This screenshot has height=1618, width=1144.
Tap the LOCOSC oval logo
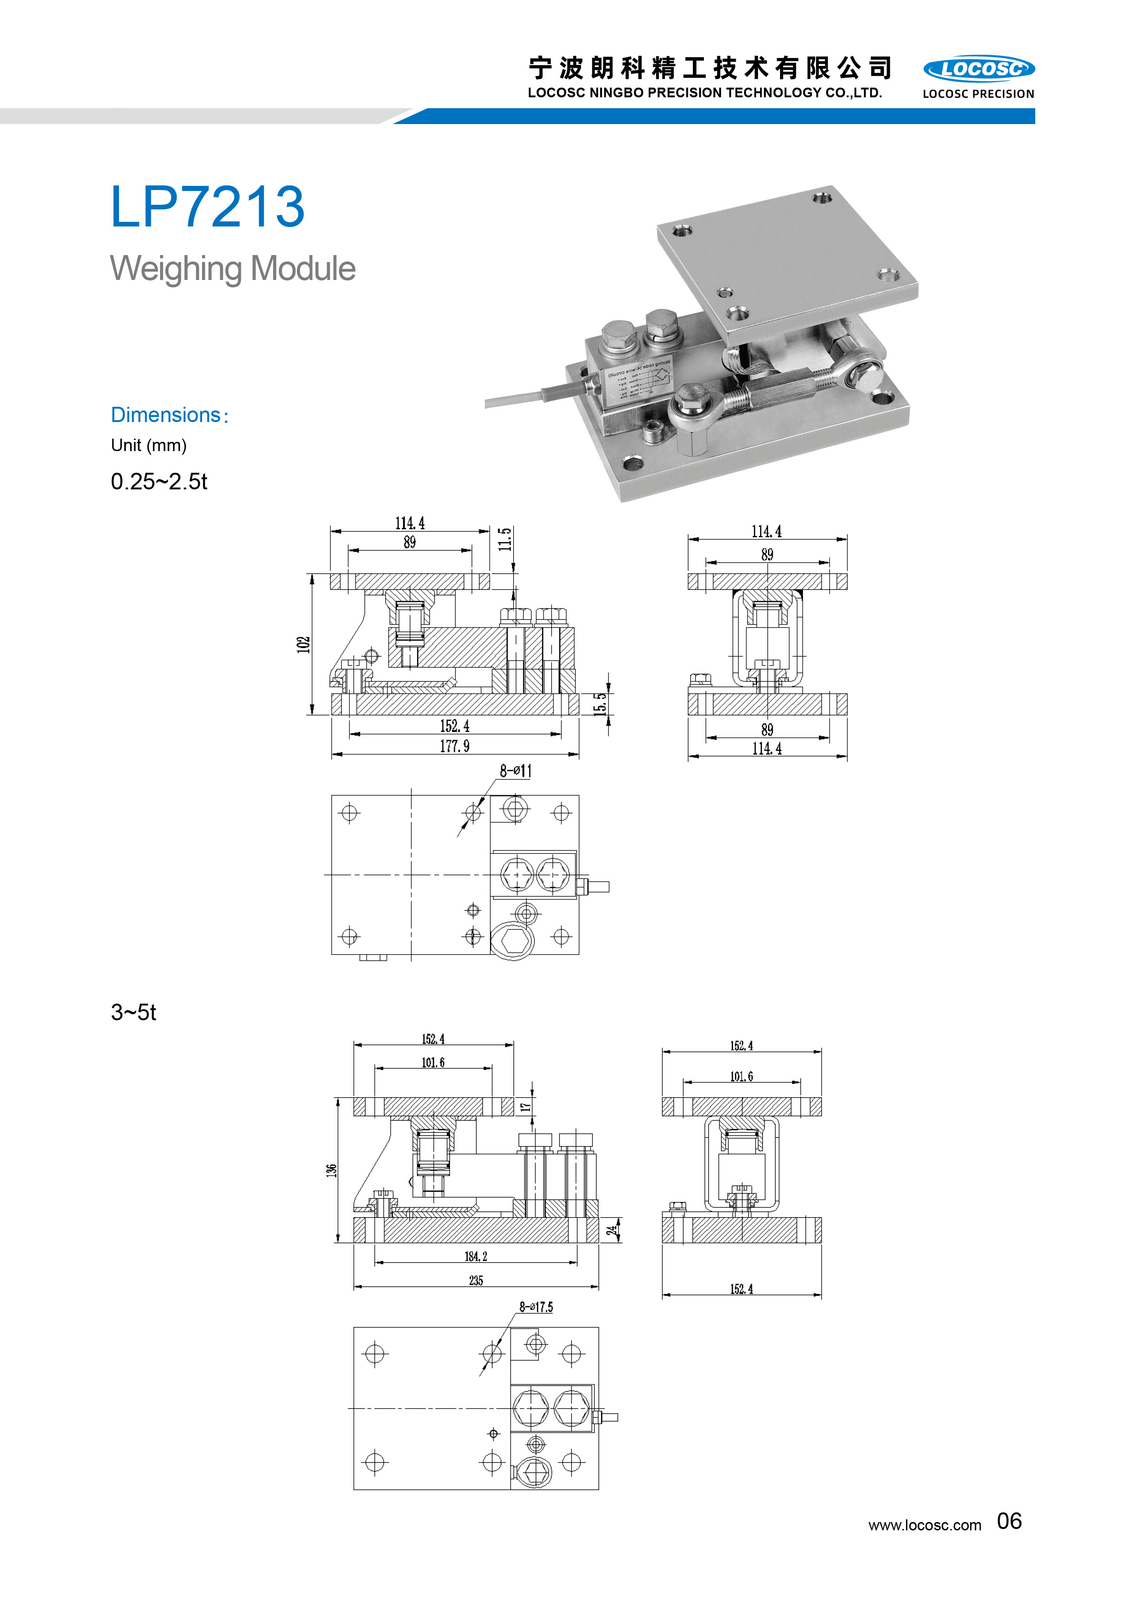978,69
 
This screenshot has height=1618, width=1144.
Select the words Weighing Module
232,268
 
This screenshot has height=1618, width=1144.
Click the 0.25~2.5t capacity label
159,482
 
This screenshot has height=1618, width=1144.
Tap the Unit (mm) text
149,446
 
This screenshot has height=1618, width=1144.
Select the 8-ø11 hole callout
516,771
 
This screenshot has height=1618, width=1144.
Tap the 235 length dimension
476,1280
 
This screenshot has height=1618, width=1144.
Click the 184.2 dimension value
476,1256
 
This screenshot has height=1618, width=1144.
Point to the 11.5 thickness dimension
505,539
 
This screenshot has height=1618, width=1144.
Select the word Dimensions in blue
166,415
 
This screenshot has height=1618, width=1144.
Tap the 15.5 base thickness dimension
599,704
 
